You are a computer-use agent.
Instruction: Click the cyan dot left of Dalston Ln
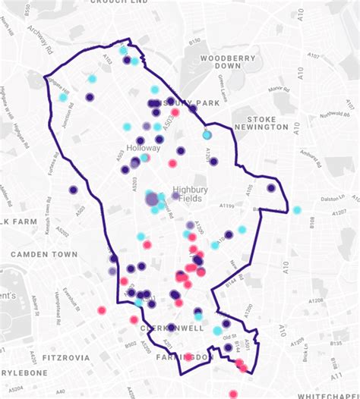click(297, 210)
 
